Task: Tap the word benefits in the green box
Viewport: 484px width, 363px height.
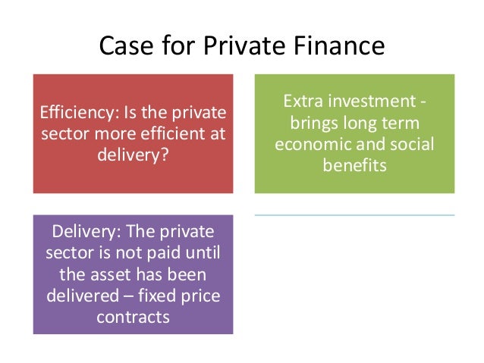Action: [354, 163]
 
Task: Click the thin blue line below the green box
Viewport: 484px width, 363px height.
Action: [354, 215]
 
